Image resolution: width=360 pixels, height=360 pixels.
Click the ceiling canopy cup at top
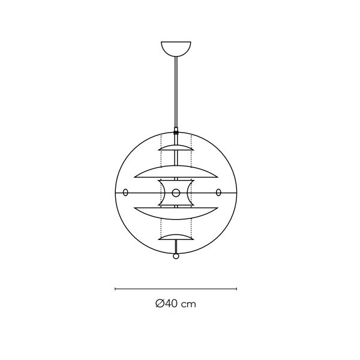point(176,47)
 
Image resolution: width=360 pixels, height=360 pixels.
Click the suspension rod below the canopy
point(176,90)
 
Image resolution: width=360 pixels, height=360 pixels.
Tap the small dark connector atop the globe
point(176,129)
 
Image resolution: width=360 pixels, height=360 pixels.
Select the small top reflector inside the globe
point(176,147)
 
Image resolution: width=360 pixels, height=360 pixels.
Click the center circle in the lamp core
point(176,193)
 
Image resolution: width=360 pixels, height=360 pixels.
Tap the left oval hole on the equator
point(125,193)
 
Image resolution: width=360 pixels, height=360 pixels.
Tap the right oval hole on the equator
point(218,193)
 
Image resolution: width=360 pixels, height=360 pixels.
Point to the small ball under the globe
point(176,256)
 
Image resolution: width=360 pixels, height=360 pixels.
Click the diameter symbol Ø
point(159,304)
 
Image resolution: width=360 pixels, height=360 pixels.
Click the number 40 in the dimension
point(171,304)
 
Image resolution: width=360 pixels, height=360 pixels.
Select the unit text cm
point(189,304)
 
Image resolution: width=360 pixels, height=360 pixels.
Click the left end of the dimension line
point(115,289)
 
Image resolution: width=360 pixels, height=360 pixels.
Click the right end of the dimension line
point(237,289)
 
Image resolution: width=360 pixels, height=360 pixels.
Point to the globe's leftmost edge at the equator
point(115,193)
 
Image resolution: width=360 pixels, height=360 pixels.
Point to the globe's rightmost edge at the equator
point(237,193)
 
